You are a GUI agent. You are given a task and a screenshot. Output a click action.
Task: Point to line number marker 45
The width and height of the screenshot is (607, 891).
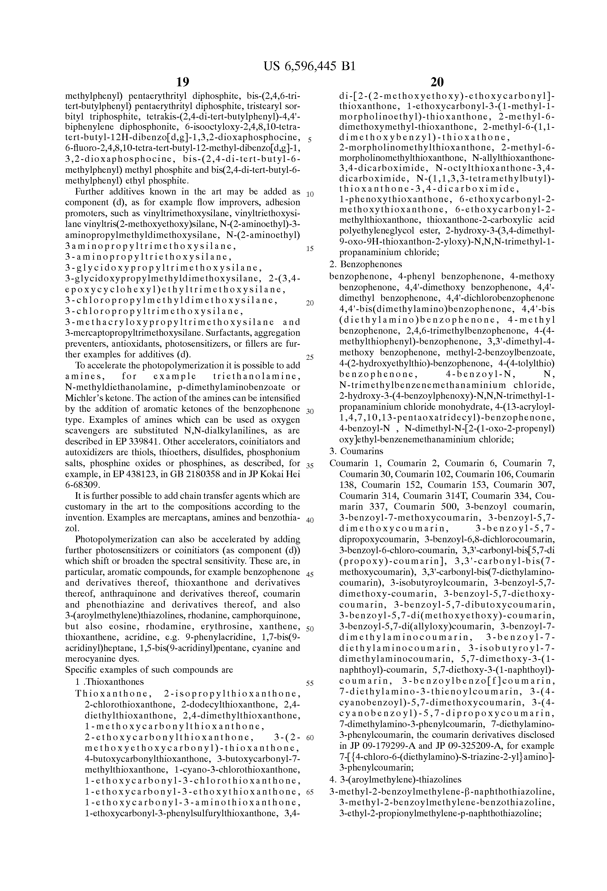[x=310, y=575]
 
